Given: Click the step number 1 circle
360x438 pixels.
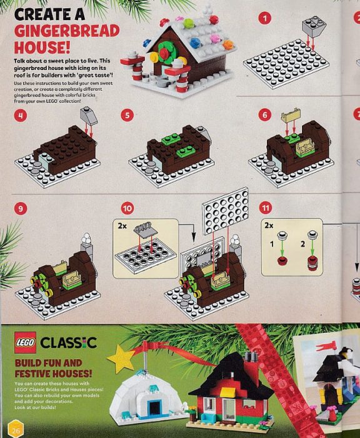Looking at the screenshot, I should click(x=266, y=18).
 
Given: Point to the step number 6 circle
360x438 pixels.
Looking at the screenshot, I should click(x=265, y=115).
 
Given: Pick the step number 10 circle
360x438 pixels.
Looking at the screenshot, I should click(x=127, y=208).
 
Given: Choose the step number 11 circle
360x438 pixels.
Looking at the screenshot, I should click(x=266, y=208).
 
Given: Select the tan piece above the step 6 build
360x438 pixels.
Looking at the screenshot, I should click(x=291, y=115).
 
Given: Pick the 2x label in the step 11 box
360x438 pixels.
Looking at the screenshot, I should click(x=270, y=223).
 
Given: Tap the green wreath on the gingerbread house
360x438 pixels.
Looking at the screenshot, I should click(x=165, y=55).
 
